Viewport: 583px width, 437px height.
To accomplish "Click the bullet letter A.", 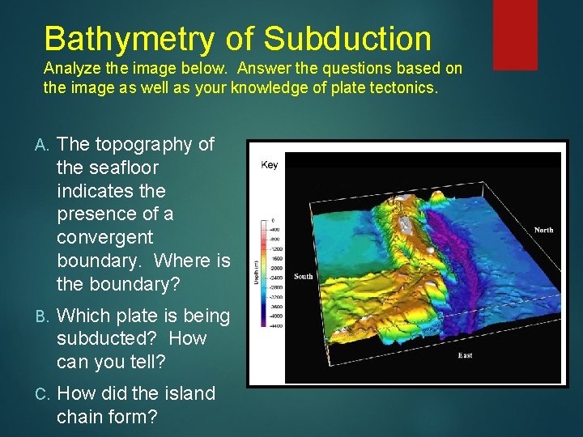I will (43, 145).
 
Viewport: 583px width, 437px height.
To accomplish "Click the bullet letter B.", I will (43, 316).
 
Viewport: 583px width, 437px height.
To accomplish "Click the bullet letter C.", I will (43, 394).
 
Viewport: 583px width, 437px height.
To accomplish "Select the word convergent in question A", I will (104, 238).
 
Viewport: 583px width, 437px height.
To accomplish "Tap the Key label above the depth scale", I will (270, 165).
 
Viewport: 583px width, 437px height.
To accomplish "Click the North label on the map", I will (543, 230).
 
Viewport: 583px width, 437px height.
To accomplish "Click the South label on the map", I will (303, 276).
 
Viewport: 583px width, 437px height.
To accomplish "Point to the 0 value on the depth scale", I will (273, 220).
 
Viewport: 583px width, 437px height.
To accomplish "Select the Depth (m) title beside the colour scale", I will (256, 271).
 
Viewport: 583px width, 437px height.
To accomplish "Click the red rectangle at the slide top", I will (515, 23).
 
